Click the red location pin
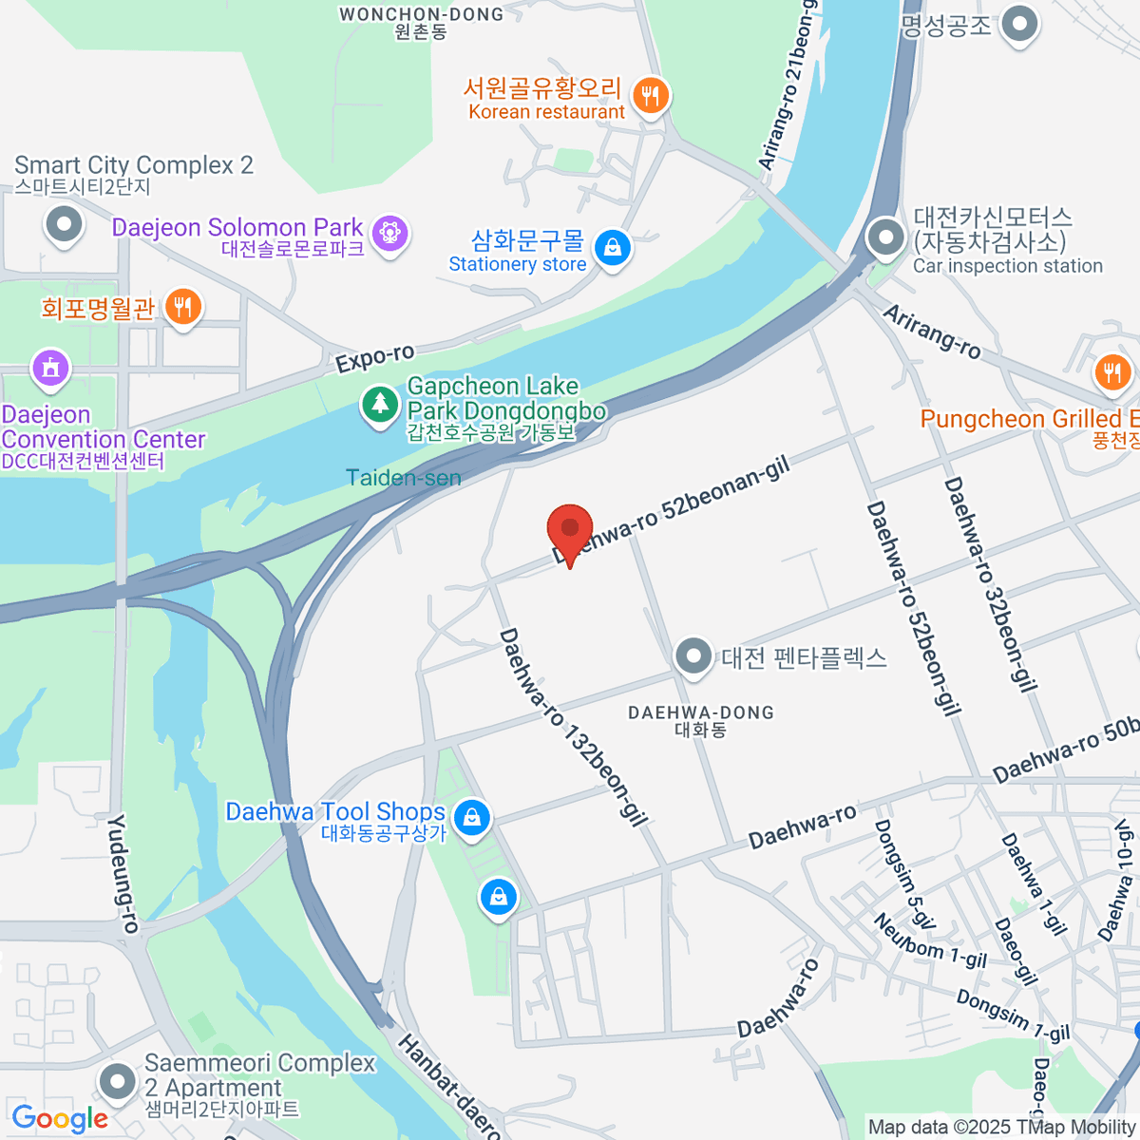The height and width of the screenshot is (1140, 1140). tap(570, 530)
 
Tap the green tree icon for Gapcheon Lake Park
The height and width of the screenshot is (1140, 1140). tap(380, 406)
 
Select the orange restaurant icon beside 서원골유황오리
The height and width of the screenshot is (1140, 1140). tap(650, 96)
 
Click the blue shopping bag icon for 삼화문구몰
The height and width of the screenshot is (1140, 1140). tap(613, 249)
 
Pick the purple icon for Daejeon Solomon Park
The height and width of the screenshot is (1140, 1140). tap(389, 233)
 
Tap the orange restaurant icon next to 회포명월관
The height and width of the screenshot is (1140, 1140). tap(181, 307)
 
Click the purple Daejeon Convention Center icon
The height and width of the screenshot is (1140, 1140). tap(50, 369)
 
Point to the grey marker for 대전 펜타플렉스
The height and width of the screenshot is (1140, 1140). tap(693, 656)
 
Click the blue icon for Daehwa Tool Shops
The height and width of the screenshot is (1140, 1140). tap(470, 817)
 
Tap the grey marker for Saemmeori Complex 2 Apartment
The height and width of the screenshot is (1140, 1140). tap(118, 1081)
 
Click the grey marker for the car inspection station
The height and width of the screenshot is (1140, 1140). tap(886, 237)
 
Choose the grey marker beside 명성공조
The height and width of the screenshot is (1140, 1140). tap(1020, 25)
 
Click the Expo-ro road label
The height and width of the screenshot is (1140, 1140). tap(375, 358)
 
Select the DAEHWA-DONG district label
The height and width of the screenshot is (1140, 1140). tap(701, 712)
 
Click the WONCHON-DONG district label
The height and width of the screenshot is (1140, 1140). tap(421, 14)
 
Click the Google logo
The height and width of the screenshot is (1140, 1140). tap(60, 1119)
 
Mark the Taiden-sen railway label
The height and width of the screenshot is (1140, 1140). tap(404, 478)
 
